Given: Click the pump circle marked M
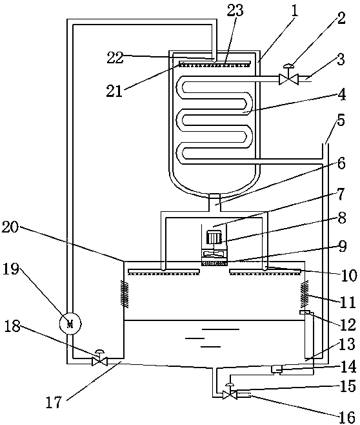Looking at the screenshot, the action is click(70, 323).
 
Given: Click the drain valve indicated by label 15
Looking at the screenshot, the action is click(230, 391).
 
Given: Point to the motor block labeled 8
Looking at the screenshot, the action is click(214, 236).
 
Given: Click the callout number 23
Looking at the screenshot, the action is click(235, 10).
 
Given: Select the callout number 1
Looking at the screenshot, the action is click(294, 11).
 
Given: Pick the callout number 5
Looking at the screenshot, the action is click(341, 120).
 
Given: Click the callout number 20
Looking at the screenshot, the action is click(10, 227).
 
